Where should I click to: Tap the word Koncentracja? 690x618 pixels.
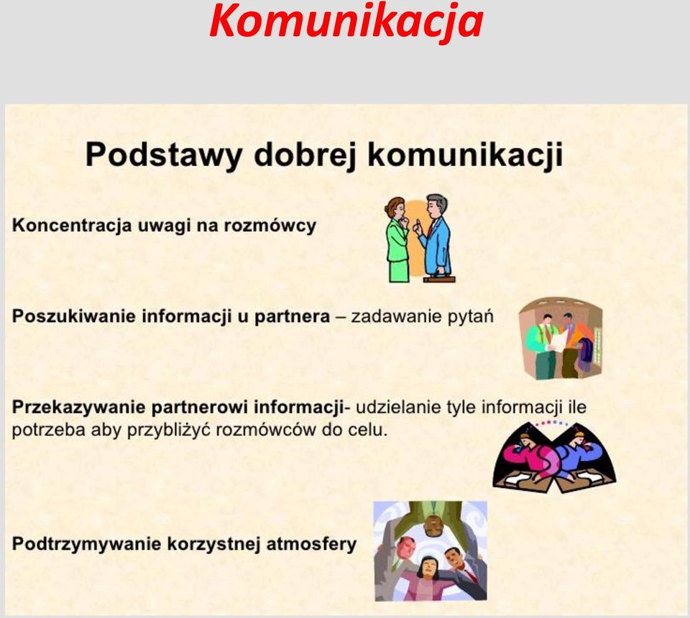(72, 226)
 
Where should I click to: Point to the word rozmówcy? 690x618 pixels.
(270, 226)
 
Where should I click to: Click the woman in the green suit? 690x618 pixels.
(397, 239)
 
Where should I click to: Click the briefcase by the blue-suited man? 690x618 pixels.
(439, 278)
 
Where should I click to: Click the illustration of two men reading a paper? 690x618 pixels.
(560, 338)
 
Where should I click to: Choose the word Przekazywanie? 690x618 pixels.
(79, 407)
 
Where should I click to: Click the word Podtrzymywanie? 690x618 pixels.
(87, 544)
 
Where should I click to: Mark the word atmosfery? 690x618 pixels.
(311, 544)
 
